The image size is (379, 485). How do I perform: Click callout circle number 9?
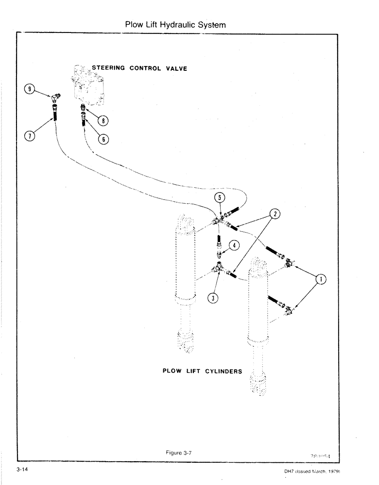pos(31,89)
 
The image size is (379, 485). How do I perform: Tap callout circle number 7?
pos(31,135)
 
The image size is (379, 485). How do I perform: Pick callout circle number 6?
pos(103,139)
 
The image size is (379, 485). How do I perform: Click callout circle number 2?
pos(275,214)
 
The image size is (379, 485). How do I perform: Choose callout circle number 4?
pos(234,245)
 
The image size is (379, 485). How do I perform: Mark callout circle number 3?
pos(213,298)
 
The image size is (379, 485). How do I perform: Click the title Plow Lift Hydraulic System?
pos(175,24)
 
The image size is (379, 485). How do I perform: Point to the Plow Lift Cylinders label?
pos(202,371)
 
